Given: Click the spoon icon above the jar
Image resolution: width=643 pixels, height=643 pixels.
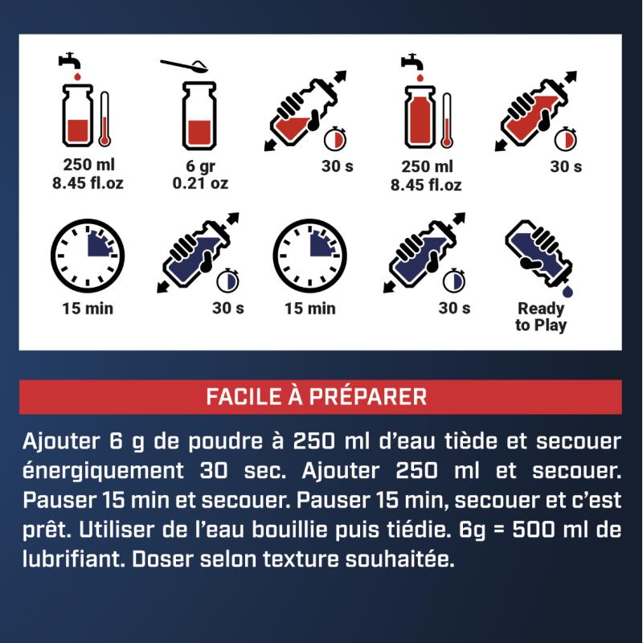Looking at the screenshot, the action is click(184, 66).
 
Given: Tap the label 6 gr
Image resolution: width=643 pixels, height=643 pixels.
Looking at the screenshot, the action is click(200, 166).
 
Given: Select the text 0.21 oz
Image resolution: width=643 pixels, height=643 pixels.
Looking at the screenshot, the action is click(200, 183).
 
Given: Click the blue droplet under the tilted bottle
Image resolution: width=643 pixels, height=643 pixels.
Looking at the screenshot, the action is click(567, 291).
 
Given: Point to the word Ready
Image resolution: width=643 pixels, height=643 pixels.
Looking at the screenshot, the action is click(541, 309).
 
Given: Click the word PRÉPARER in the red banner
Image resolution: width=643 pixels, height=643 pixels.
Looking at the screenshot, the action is click(368, 396).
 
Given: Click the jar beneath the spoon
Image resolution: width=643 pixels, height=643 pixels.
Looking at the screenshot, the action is click(199, 116).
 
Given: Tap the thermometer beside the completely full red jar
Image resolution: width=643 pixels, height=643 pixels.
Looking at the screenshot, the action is click(446, 120).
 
